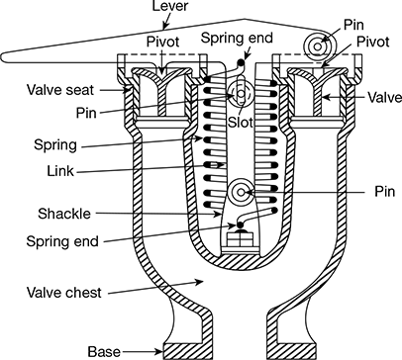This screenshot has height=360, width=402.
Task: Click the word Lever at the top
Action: pyautogui.click(x=169, y=5)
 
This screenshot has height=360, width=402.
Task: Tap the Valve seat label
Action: pyautogui.click(x=60, y=90)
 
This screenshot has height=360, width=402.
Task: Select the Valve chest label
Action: pyautogui.click(x=64, y=293)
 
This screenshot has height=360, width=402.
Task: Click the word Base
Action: pyautogui.click(x=104, y=352)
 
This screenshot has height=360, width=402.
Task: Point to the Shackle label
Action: pyautogui.click(x=64, y=214)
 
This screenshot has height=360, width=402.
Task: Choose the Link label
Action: pyautogui.click(x=60, y=171)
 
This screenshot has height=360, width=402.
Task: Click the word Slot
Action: pyautogui.click(x=241, y=123)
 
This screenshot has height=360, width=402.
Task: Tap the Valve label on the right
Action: pyautogui.click(x=385, y=98)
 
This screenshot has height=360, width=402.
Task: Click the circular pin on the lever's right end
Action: pyautogui.click(x=317, y=46)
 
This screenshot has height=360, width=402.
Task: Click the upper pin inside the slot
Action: pyautogui.click(x=241, y=94)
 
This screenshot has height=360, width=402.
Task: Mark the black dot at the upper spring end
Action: pyautogui.click(x=243, y=62)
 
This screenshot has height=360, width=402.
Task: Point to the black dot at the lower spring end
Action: pyautogui.click(x=241, y=225)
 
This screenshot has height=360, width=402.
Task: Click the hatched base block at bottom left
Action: pyautogui.click(x=182, y=351)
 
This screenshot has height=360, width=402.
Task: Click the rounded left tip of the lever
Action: pyautogui.click(x=3, y=57)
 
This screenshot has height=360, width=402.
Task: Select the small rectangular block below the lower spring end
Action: pyautogui.click(x=241, y=239)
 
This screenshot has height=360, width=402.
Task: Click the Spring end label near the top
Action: pyautogui.click(x=237, y=38)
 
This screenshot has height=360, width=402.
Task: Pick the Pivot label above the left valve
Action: pyautogui.click(x=162, y=42)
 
